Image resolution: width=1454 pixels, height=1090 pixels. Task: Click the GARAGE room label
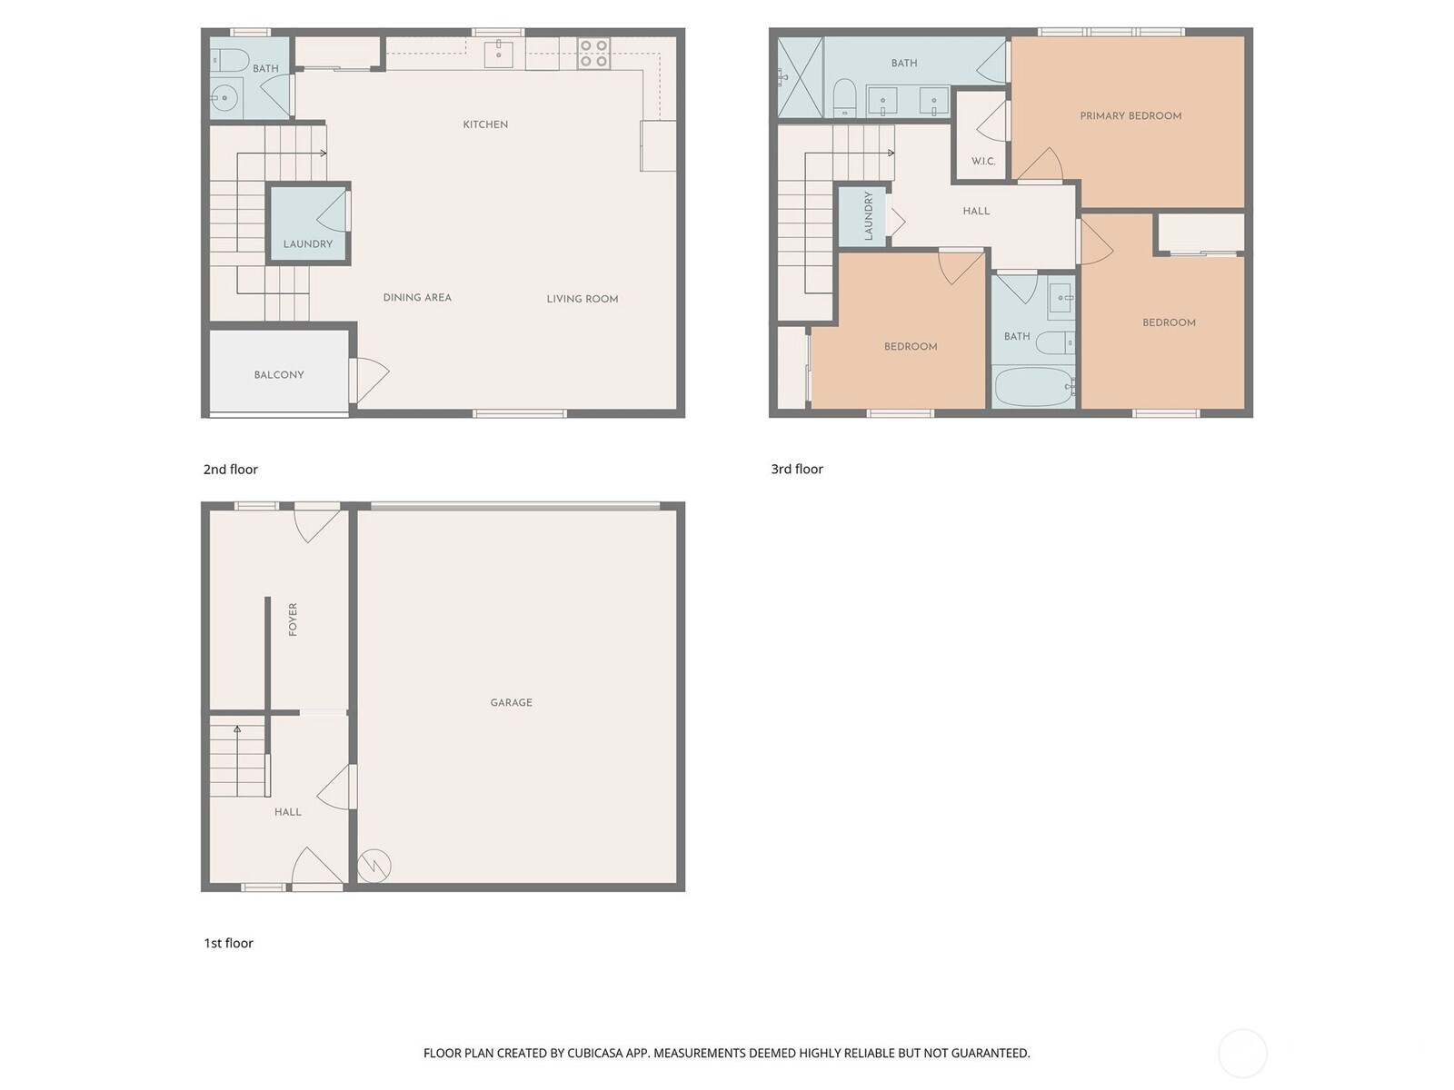pos(511,702)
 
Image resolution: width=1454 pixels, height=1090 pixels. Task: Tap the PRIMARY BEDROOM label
pos(1130,116)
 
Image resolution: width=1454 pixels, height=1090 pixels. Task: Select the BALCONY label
pos(279,374)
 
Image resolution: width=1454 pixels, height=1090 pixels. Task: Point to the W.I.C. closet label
pos(983,162)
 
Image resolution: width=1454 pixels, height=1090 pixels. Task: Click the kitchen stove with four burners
pos(593,53)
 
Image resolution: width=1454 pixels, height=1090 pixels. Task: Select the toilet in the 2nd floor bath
pos(231,61)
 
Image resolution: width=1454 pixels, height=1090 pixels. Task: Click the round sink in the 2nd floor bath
pos(224,97)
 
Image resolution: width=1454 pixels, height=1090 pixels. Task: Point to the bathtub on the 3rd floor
pos(1033,386)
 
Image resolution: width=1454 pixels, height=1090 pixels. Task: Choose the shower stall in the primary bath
pos(801,77)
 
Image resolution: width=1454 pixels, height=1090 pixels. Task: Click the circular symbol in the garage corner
pos(373,866)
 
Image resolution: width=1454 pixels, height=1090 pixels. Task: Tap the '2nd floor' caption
pos(230,470)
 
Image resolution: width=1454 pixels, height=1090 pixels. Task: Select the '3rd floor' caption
pos(797,470)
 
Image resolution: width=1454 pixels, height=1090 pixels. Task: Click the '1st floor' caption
pos(228,944)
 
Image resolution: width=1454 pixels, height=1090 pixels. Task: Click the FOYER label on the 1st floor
pos(293,619)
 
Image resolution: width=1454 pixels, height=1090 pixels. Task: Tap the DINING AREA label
pos(417,297)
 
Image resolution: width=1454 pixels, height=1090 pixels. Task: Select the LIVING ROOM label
pos(582,299)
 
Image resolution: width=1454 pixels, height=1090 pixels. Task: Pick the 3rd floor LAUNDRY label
pos(869,216)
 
